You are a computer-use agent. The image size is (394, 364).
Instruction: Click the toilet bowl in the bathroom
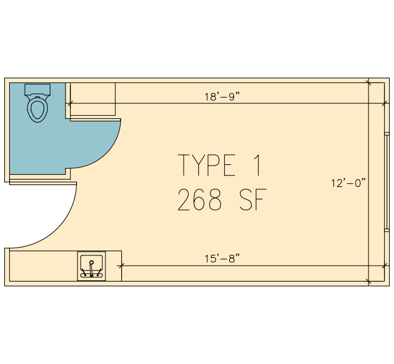[38, 109]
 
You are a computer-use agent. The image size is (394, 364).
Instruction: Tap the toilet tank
[38, 89]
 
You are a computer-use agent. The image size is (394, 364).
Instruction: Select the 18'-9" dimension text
[222, 96]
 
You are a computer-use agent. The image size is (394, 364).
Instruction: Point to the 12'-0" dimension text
[349, 183]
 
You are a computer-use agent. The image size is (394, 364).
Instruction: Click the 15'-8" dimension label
[222, 258]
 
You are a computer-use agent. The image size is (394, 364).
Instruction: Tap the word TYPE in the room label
[207, 165]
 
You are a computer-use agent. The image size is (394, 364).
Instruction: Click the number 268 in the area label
[200, 200]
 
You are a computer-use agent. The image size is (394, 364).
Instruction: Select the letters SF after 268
[253, 200]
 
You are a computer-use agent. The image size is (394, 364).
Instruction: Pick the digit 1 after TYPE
[257, 165]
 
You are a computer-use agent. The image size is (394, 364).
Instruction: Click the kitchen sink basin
[92, 266]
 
